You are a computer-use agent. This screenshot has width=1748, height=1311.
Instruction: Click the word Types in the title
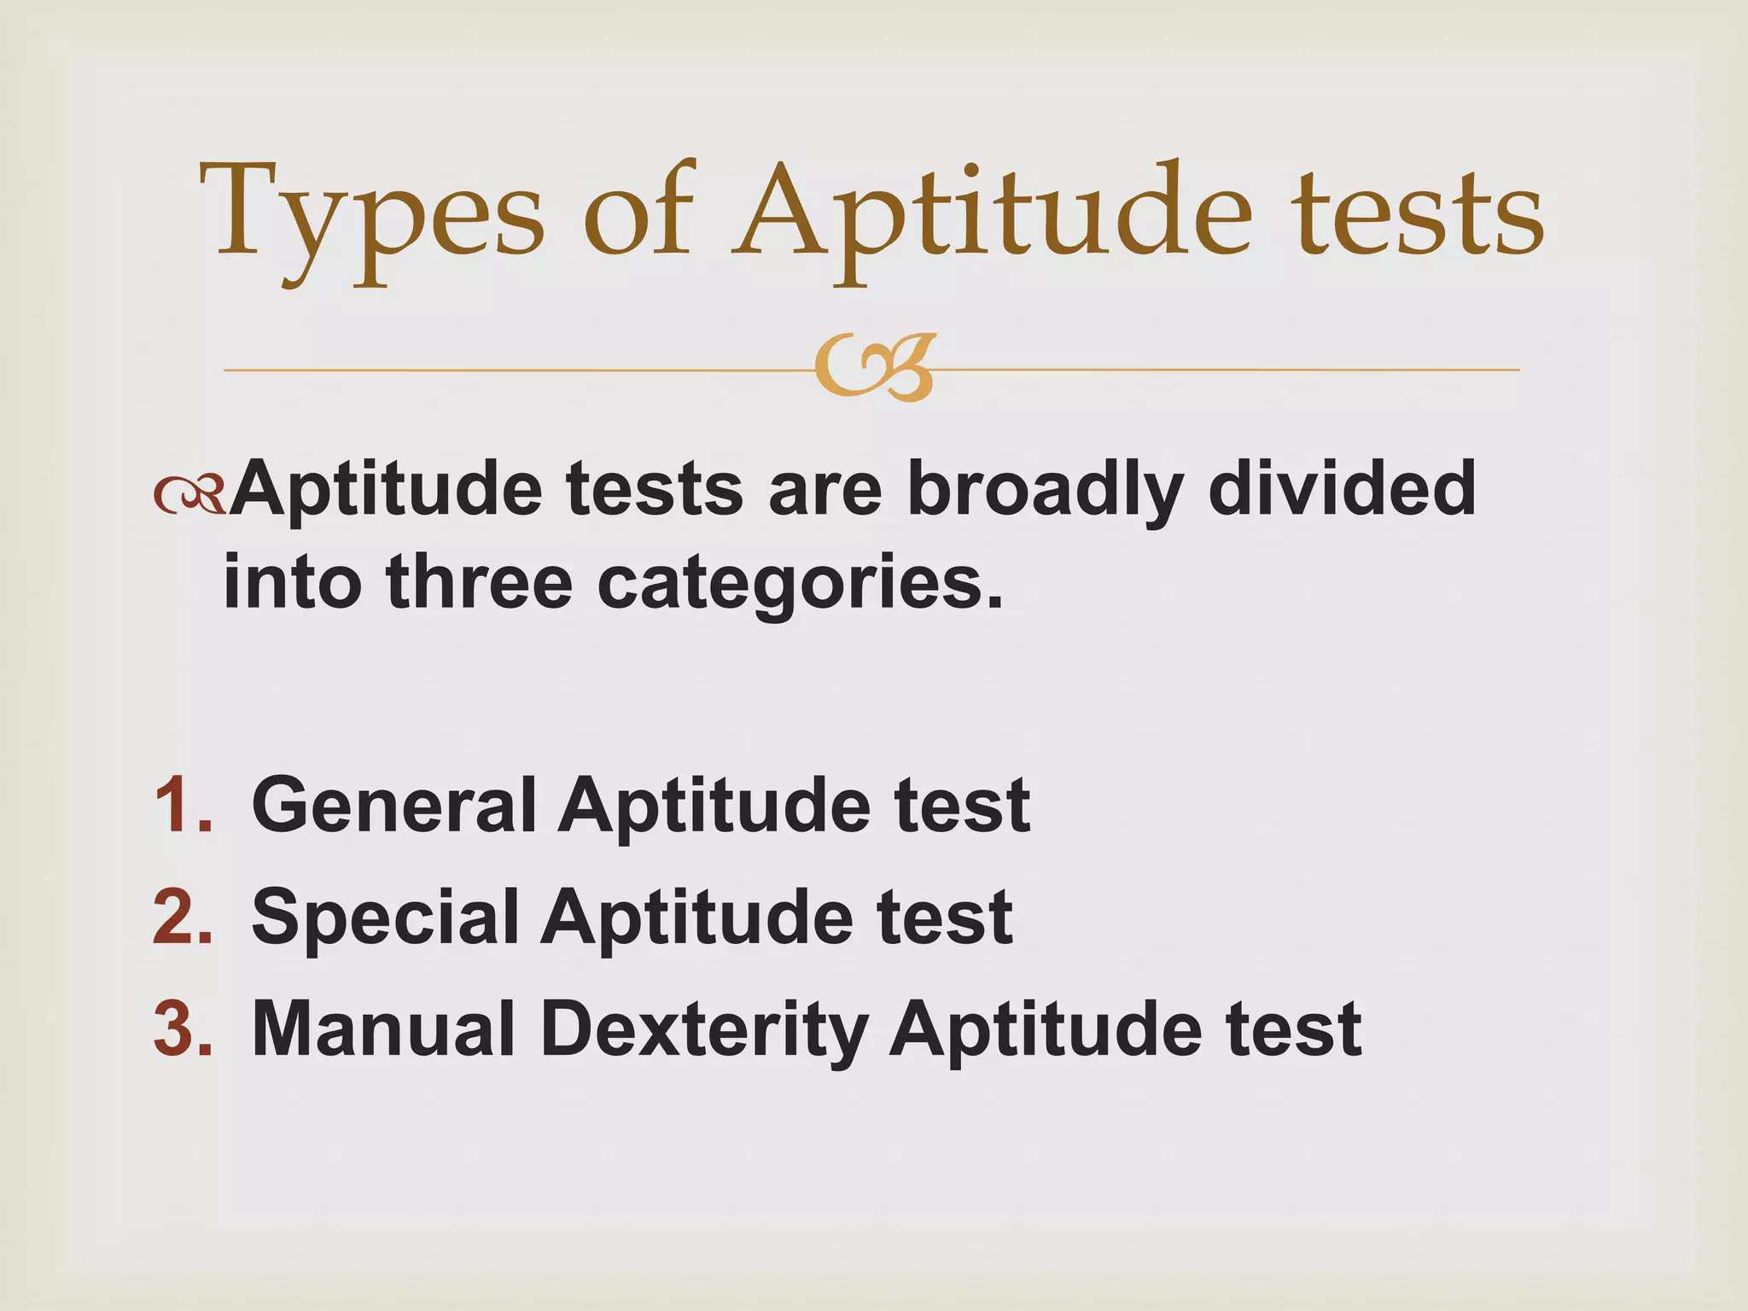tap(371, 213)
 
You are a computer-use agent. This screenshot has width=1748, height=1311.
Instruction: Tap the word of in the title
tap(638, 213)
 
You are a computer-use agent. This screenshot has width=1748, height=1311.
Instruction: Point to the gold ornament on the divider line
tap(874, 369)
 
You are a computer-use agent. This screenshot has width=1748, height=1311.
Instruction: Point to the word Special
tap(386, 918)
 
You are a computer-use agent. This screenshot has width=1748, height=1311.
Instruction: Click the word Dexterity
tap(704, 1031)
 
